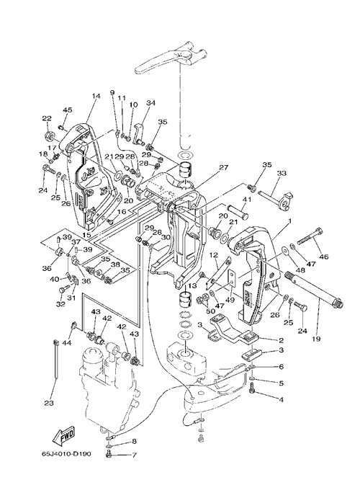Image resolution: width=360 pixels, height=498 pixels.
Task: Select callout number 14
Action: [x=96, y=96]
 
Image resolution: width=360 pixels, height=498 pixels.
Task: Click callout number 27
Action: [x=224, y=167]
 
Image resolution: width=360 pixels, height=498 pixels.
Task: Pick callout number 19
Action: [x=315, y=339]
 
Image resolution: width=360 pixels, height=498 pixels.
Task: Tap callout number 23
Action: [x=49, y=403]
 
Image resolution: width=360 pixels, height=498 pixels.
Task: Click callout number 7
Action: [x=134, y=455]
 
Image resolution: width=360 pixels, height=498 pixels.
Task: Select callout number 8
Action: [x=134, y=441]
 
